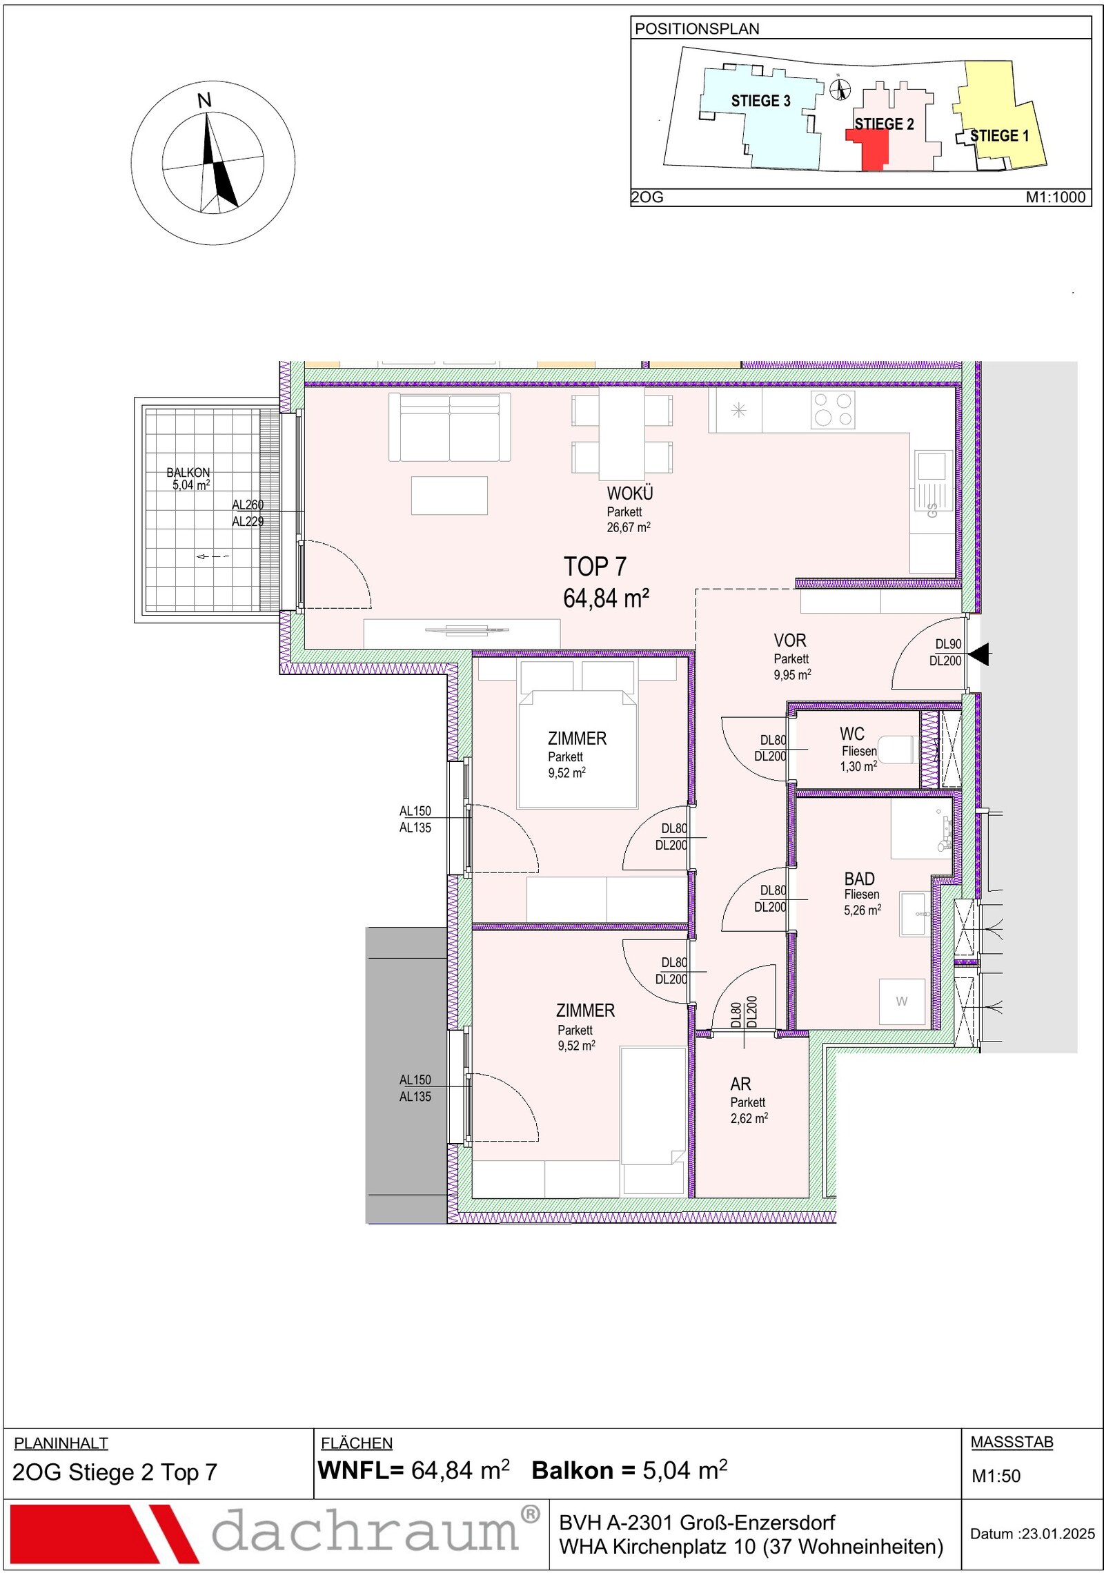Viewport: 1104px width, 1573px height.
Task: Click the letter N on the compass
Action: [204, 101]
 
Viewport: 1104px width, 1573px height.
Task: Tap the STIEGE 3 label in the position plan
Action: [760, 101]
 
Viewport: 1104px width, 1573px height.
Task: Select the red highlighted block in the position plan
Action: [868, 149]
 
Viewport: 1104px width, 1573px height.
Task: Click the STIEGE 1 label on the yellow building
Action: [999, 135]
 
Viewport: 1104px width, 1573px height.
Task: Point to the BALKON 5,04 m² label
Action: [188, 478]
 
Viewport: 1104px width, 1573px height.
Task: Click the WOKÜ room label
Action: [630, 494]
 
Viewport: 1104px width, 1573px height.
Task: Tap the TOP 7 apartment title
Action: [595, 567]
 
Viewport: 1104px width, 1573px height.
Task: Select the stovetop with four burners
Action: [833, 410]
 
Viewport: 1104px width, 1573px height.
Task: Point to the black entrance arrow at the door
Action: [978, 654]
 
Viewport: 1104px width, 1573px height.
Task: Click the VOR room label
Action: [790, 641]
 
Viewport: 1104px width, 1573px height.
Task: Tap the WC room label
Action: [852, 734]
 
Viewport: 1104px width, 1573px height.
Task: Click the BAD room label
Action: [859, 879]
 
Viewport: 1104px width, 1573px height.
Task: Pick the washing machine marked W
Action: [902, 1002]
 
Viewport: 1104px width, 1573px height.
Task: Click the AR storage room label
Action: [740, 1084]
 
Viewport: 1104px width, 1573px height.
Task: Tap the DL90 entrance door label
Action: [948, 644]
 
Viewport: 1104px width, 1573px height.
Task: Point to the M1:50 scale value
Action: [996, 1476]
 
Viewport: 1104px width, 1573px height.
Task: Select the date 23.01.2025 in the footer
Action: [1058, 1534]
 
